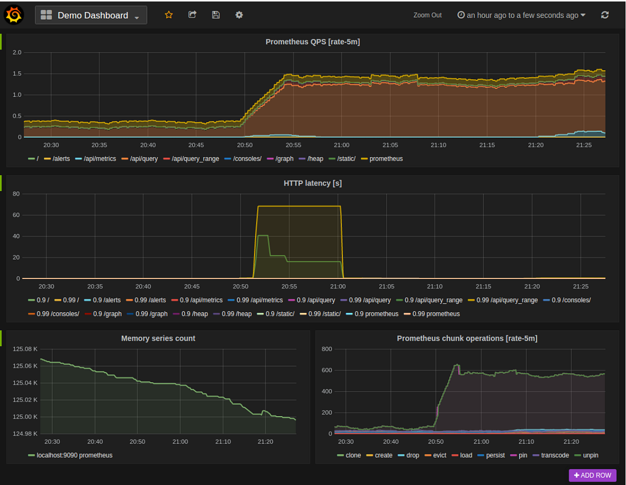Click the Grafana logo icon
tap(14, 15)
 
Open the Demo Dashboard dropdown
tap(91, 15)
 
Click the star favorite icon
tap(168, 15)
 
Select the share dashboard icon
tap(192, 15)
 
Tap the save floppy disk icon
tap(215, 15)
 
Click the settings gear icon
tap(239, 15)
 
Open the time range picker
tap(521, 15)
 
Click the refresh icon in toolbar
tap(605, 15)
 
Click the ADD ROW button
tap(593, 475)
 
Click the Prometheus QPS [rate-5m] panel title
tap(312, 42)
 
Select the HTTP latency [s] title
tap(312, 183)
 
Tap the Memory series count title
tap(158, 338)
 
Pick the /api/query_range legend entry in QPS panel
tap(195, 159)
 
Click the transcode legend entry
tap(555, 455)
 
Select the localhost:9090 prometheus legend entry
tap(74, 455)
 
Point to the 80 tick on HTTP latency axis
tap(16, 194)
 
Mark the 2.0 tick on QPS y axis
tap(17, 52)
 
